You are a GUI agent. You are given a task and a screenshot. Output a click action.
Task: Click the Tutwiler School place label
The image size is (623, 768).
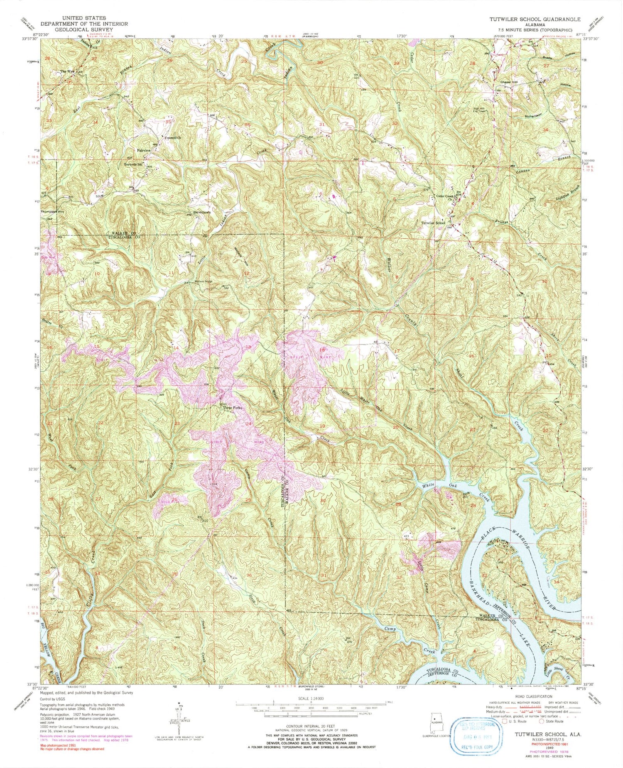433,223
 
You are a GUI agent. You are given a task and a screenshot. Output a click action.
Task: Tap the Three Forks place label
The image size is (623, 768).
232,408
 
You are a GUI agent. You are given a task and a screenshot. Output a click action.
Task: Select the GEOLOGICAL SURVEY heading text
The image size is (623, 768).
83,29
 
